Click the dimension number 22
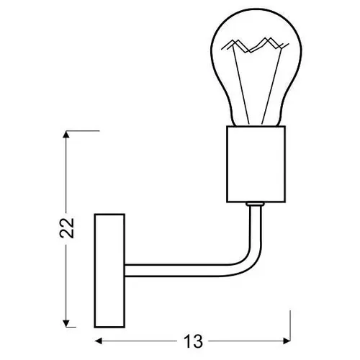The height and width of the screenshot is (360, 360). [x=66, y=228]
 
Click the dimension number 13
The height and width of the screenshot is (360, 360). [x=193, y=341]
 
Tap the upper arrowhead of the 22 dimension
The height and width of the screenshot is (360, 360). [x=66, y=134]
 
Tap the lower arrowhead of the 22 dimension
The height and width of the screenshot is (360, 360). [x=66, y=323]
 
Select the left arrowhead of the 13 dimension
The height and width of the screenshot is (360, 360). [x=99, y=341]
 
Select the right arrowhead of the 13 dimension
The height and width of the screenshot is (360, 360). [x=287, y=341]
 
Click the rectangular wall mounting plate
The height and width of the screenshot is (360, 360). [x=109, y=271]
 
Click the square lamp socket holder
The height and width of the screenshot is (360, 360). [x=256, y=164]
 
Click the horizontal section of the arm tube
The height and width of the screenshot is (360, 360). [x=175, y=271]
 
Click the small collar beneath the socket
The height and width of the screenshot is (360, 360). [x=255, y=204]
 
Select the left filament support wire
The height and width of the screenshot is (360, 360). [x=240, y=85]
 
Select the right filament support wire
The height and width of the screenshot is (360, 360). [x=271, y=85]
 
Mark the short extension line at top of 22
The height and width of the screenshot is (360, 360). [x=83, y=131]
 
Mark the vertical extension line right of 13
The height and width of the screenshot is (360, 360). [x=290, y=325]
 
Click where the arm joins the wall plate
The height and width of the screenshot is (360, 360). [x=125, y=271]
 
